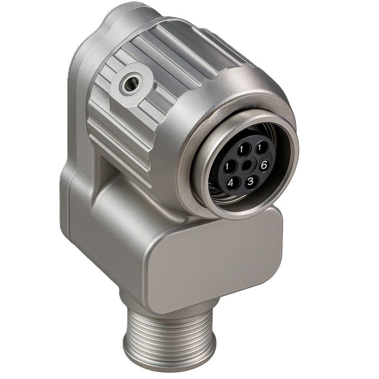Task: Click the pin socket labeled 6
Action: click(263, 165)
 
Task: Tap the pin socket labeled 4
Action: click(231, 182)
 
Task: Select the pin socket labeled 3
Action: click(251, 181)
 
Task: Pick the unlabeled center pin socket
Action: click(246, 165)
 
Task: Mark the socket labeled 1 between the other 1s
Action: click(242, 150)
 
